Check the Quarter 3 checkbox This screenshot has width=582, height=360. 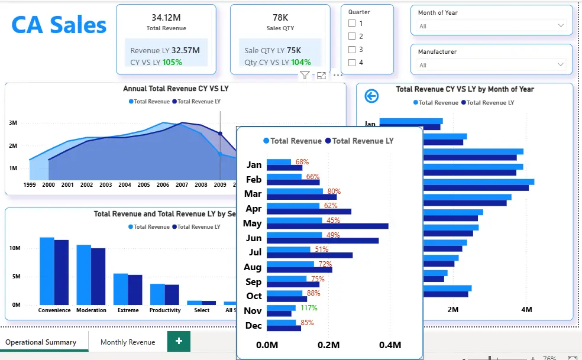(352, 50)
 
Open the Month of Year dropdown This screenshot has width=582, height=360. (492, 26)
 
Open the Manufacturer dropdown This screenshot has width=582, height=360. (492, 65)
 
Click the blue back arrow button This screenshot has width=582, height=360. (371, 96)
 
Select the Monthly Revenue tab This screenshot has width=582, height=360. (128, 342)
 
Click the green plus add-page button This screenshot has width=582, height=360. (179, 341)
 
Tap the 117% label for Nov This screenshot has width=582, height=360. (308, 308)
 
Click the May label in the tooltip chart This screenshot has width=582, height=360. (253, 223)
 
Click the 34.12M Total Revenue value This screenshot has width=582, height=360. (166, 18)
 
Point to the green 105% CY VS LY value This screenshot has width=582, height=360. (172, 62)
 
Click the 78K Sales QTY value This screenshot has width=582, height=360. (280, 18)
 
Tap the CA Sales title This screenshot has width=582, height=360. (59, 25)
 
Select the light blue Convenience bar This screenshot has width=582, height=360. (47, 271)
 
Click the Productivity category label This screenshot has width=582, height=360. (165, 310)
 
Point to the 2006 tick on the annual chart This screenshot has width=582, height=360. (163, 185)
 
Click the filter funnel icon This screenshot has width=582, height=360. (304, 75)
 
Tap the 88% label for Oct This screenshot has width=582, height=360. (313, 293)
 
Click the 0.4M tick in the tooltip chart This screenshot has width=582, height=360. (390, 345)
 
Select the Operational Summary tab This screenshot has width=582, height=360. (41, 342)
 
